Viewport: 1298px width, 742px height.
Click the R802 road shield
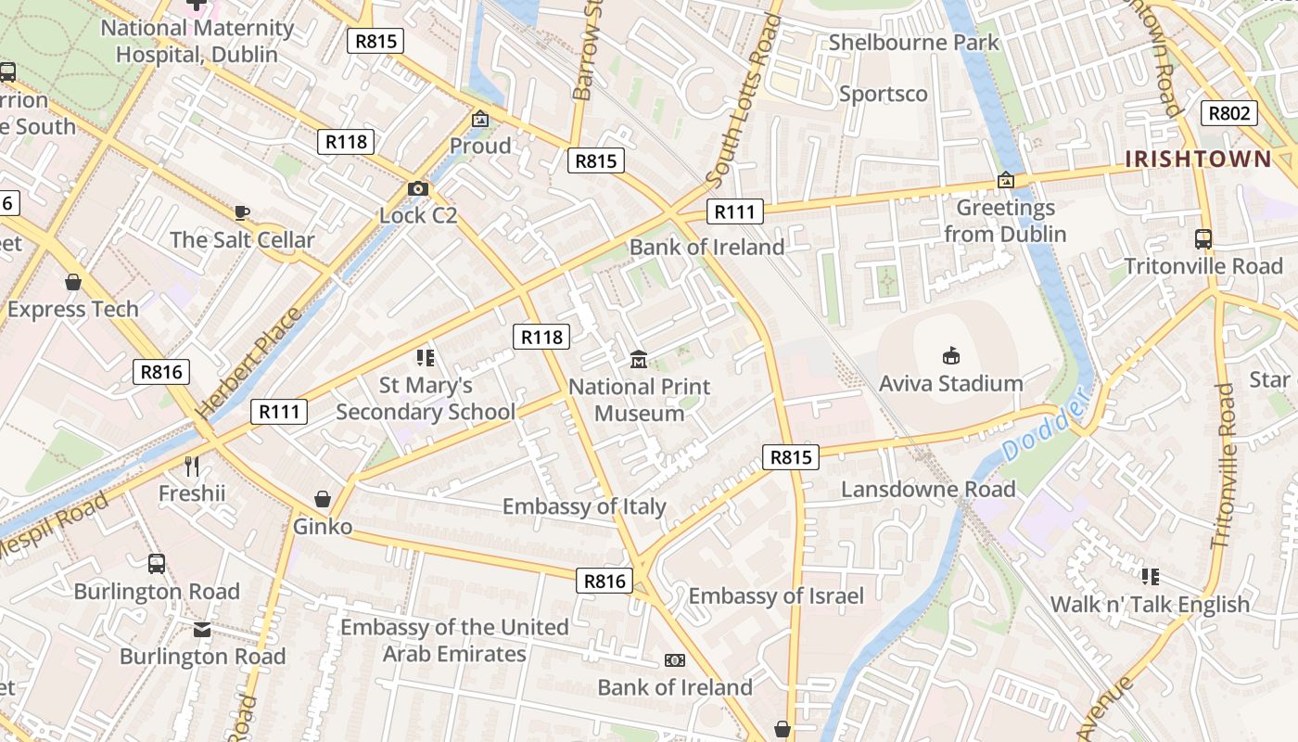pos(1229,114)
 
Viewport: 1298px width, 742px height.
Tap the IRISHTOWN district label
pos(1198,159)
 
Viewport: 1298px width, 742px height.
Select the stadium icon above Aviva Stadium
pos(950,355)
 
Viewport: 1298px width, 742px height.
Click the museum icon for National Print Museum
pos(638,359)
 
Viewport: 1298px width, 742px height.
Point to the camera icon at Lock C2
pos(418,188)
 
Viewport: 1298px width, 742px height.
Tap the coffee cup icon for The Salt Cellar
pos(242,212)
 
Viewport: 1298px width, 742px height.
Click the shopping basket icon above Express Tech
pos(73,282)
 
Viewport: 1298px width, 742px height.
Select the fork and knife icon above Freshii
pos(192,466)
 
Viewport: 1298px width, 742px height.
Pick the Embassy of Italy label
pos(584,506)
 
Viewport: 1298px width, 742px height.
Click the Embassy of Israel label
pos(776,595)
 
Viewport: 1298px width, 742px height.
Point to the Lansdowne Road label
pos(928,489)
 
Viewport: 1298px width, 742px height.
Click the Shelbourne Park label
pos(914,43)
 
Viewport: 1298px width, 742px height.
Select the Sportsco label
pos(883,94)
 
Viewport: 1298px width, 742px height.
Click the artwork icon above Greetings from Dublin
pos(1005,180)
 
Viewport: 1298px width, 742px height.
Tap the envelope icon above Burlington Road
pos(202,630)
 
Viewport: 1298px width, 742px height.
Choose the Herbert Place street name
pos(249,362)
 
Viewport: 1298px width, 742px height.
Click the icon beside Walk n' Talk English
pos(1151,577)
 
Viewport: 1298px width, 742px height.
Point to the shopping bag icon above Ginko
pos(323,500)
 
